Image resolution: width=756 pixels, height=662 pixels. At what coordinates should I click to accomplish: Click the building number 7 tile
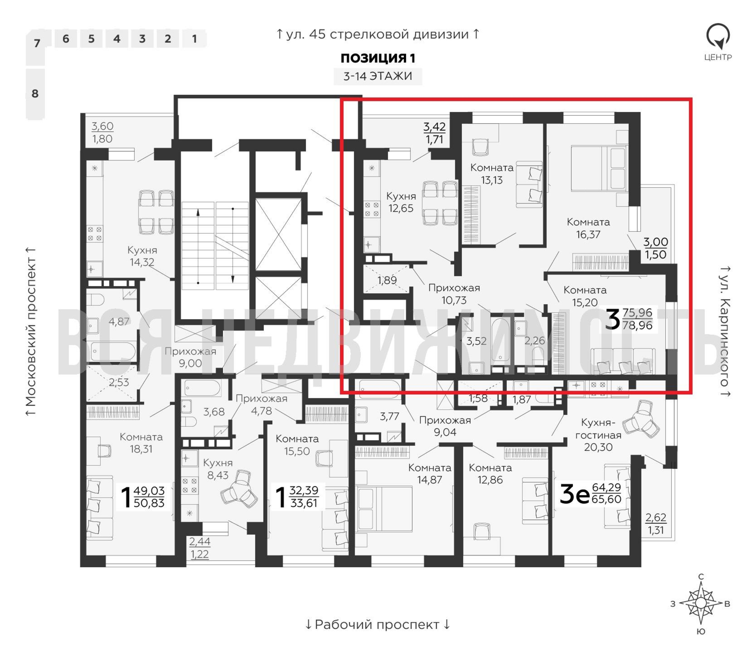pos(36,47)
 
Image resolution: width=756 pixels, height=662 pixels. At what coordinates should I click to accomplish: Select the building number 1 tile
pos(194,39)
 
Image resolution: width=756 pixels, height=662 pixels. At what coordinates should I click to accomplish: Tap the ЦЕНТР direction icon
pos(718,41)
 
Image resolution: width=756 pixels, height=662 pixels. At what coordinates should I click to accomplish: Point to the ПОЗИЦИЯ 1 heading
pos(378,58)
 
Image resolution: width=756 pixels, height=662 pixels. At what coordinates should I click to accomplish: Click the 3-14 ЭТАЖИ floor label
pos(378,76)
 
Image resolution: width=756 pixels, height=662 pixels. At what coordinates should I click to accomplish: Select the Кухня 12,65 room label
pos(401,202)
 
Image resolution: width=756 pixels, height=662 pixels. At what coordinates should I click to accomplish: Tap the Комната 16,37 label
pos(588,228)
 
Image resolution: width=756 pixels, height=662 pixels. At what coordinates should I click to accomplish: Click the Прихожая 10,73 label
pos(454,294)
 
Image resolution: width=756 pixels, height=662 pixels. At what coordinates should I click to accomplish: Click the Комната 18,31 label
pos(141,443)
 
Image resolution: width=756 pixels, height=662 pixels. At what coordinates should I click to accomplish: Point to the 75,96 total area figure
pos(638,312)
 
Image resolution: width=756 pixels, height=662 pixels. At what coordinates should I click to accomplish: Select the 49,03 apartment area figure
pos(149,490)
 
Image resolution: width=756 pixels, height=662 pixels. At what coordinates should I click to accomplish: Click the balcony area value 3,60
pos(102,126)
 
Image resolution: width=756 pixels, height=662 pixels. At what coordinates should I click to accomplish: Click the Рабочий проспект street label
pos(378,625)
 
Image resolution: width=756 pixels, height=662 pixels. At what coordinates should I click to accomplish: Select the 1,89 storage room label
pos(387,280)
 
